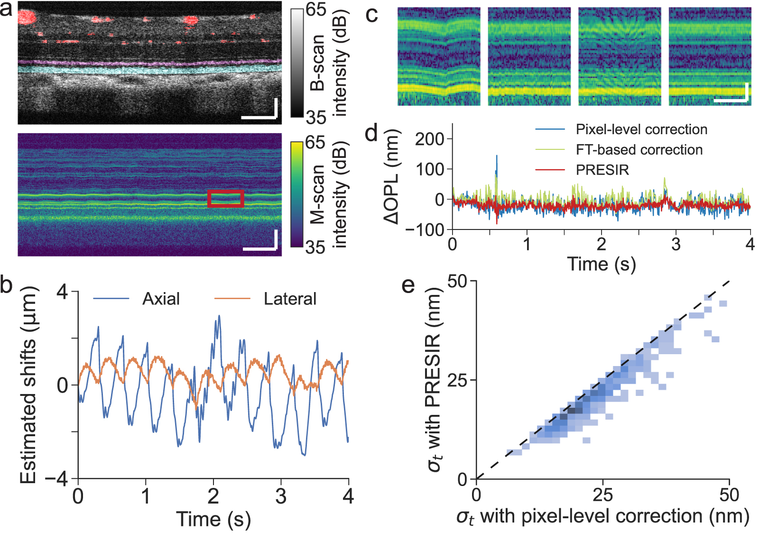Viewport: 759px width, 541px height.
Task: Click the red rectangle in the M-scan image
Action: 226,199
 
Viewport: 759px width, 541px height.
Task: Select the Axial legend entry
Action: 161,299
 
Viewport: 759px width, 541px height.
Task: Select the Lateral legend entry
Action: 290,299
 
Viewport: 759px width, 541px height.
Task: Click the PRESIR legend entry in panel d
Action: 602,170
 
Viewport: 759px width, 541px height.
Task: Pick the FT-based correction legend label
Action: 639,150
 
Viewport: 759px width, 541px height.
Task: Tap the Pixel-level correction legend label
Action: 641,129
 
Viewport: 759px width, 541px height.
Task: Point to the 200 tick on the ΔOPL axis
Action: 429,139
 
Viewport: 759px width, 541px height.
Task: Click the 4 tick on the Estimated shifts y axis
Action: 62,292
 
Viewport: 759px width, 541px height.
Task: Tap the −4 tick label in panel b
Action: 56,479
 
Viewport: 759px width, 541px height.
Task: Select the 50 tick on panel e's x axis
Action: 729,495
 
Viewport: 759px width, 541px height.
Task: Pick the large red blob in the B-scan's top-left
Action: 27,18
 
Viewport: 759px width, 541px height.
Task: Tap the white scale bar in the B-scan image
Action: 259,116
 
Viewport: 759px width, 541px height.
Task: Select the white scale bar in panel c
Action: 731,100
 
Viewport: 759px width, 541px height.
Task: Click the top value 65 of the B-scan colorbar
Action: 315,9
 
